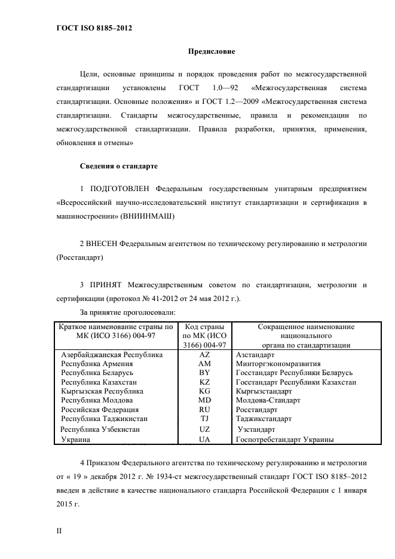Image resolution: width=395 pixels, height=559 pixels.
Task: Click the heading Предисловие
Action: point(212,52)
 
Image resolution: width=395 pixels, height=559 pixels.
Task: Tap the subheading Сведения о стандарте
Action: point(119,165)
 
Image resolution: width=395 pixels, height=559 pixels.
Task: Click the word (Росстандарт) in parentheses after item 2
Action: point(79,257)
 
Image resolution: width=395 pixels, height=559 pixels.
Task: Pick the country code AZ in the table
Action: point(204,354)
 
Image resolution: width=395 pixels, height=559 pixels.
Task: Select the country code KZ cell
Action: point(204,382)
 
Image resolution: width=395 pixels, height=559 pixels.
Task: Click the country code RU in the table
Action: point(204,410)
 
